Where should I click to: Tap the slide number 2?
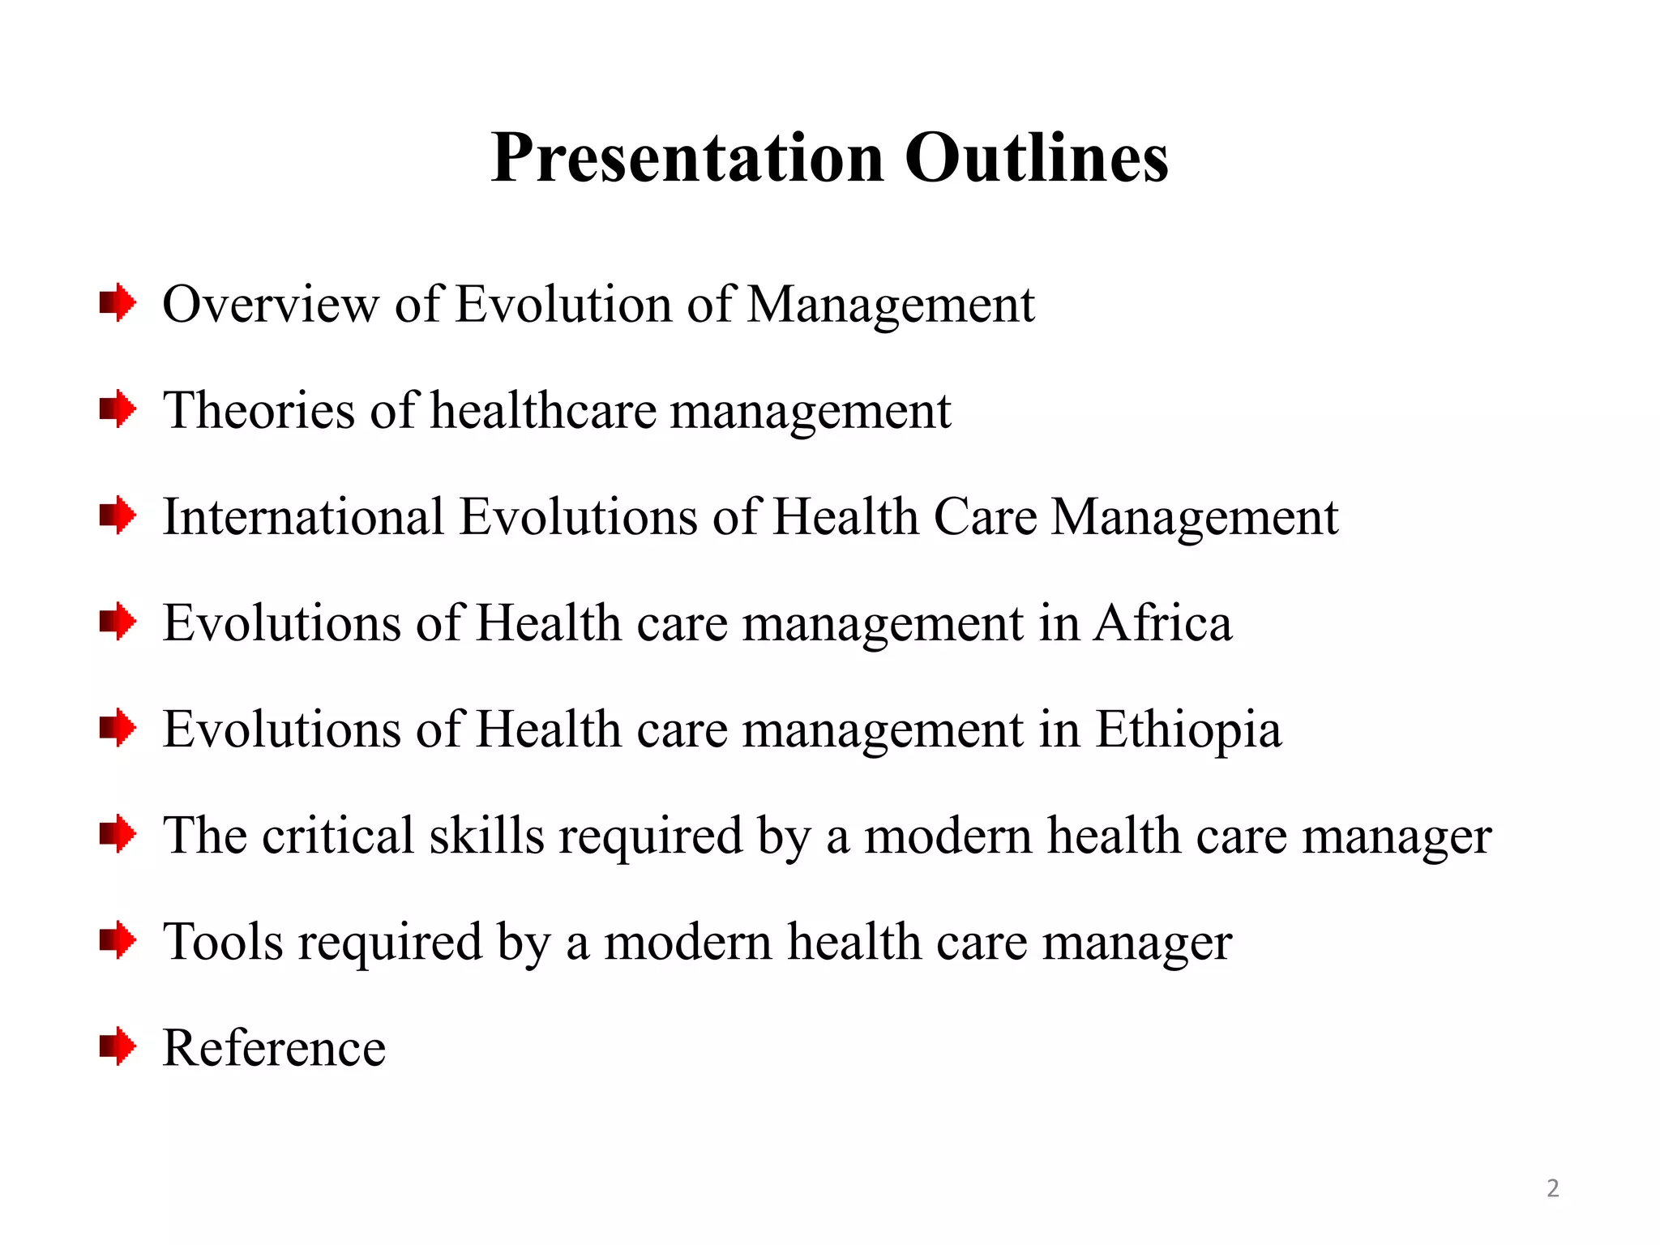tap(1552, 1188)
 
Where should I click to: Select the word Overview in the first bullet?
tap(271, 305)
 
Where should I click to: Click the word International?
tap(304, 516)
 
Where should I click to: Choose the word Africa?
tap(1162, 623)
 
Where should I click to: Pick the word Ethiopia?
tap(1188, 729)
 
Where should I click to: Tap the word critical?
tap(338, 836)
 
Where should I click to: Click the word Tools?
tap(223, 942)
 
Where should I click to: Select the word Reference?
tap(274, 1048)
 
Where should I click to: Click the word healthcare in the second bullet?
tap(543, 410)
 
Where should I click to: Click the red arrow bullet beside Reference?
tap(118, 1046)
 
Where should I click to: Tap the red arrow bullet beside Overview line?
tap(118, 303)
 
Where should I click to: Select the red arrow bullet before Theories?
tap(118, 409)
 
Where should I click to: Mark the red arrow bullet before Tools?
tap(118, 940)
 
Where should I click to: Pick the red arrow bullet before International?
tap(118, 516)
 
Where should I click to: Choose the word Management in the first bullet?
tap(890, 305)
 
